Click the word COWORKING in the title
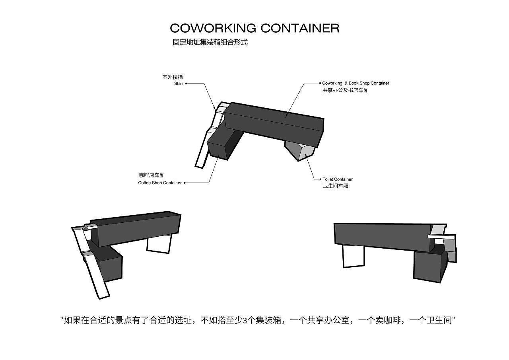tap(213, 28)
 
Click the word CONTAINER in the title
tap(300, 28)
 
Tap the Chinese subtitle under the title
tap(210, 42)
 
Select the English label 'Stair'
tap(179, 84)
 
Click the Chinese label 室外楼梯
tap(173, 77)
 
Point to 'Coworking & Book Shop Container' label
tap(356, 83)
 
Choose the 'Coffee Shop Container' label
tap(160, 183)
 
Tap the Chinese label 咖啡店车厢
tap(152, 175)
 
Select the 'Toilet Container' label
tap(337, 179)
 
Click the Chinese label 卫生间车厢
tap(335, 186)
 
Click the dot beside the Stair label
tap(186, 84)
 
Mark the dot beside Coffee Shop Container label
tap(185, 183)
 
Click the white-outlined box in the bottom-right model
tap(353, 255)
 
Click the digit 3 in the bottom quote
tap(245, 320)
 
